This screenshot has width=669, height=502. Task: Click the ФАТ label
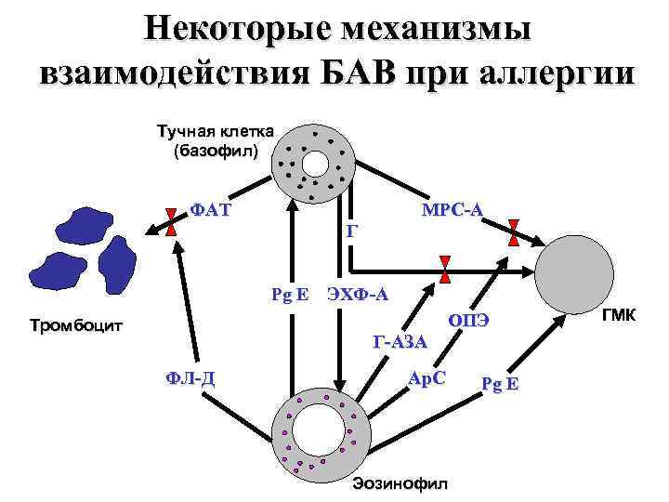coord(210,210)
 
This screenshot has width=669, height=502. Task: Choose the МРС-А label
coord(452,210)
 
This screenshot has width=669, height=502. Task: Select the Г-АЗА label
coord(400,342)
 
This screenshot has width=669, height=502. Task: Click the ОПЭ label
coord(468,321)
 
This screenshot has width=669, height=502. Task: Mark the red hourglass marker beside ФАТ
coord(171,223)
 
